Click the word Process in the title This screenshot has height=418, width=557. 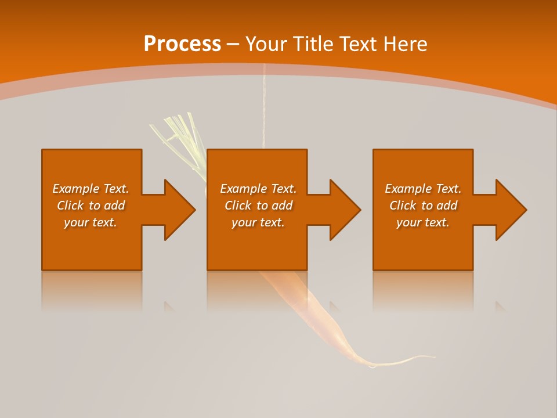182,44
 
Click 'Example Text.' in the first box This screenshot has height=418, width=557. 91,189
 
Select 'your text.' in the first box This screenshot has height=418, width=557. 91,222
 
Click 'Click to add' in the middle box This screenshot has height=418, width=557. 258,206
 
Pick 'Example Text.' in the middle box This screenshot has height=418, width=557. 258,189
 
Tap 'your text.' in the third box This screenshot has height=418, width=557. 423,222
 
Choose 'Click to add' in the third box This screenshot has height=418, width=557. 423,206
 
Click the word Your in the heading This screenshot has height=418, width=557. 267,44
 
